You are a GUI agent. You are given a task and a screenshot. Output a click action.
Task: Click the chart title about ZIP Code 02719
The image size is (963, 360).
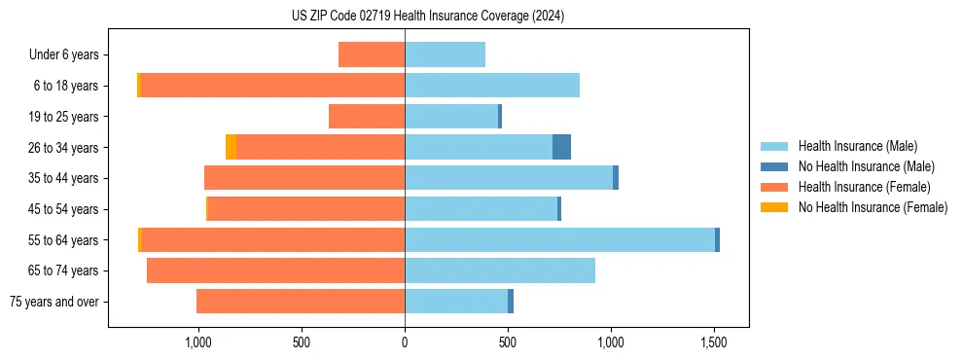click(x=428, y=17)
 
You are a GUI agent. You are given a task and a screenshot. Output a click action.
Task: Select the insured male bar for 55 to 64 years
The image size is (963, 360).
click(x=559, y=239)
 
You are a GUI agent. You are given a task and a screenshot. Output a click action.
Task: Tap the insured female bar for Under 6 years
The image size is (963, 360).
click(x=372, y=54)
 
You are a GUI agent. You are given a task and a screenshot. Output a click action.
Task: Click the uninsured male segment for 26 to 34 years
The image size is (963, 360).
click(x=561, y=147)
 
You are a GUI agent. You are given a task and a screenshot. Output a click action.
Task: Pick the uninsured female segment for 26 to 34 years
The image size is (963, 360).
click(x=231, y=147)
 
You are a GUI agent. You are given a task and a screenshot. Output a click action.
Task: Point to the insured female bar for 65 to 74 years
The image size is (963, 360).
click(x=275, y=270)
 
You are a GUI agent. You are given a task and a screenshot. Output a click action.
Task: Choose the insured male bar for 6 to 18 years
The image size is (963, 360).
click(x=492, y=86)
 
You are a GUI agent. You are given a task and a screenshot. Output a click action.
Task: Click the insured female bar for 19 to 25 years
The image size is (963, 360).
click(x=367, y=117)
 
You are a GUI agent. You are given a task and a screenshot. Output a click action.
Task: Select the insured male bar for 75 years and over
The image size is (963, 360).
click(x=456, y=302)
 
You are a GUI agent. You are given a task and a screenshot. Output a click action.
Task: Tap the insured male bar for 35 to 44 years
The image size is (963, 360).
click(x=509, y=178)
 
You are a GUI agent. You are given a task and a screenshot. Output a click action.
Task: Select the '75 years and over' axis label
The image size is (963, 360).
click(x=53, y=302)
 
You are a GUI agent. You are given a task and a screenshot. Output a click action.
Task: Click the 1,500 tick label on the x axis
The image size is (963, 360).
click(x=714, y=342)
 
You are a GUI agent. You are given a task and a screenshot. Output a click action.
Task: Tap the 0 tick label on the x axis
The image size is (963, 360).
click(x=405, y=342)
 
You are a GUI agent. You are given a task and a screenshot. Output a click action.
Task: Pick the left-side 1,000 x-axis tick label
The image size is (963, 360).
click(x=197, y=342)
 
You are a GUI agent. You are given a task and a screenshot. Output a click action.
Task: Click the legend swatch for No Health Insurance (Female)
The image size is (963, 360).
click(x=773, y=207)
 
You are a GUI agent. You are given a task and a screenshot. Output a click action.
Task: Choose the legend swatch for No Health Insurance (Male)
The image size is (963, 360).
click(x=773, y=166)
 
